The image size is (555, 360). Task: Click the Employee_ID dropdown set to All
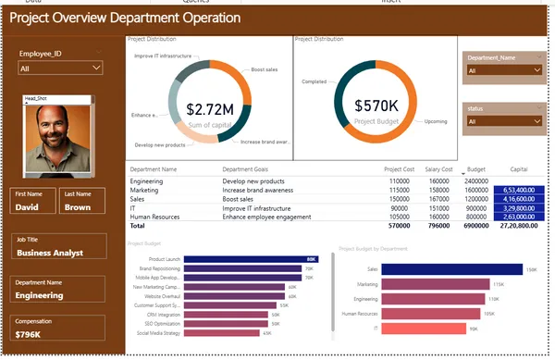pos(60,68)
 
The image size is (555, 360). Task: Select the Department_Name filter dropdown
pos(503,69)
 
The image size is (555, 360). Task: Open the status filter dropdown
pos(503,120)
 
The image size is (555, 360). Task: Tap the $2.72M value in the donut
pos(209,108)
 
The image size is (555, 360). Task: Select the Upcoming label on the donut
pos(436,121)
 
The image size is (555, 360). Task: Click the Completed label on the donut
pos(314,81)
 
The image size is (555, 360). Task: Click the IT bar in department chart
pos(410,329)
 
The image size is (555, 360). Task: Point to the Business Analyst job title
pos(50,253)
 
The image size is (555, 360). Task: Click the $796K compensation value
pos(30,333)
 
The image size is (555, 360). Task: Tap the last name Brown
pos(78,208)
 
